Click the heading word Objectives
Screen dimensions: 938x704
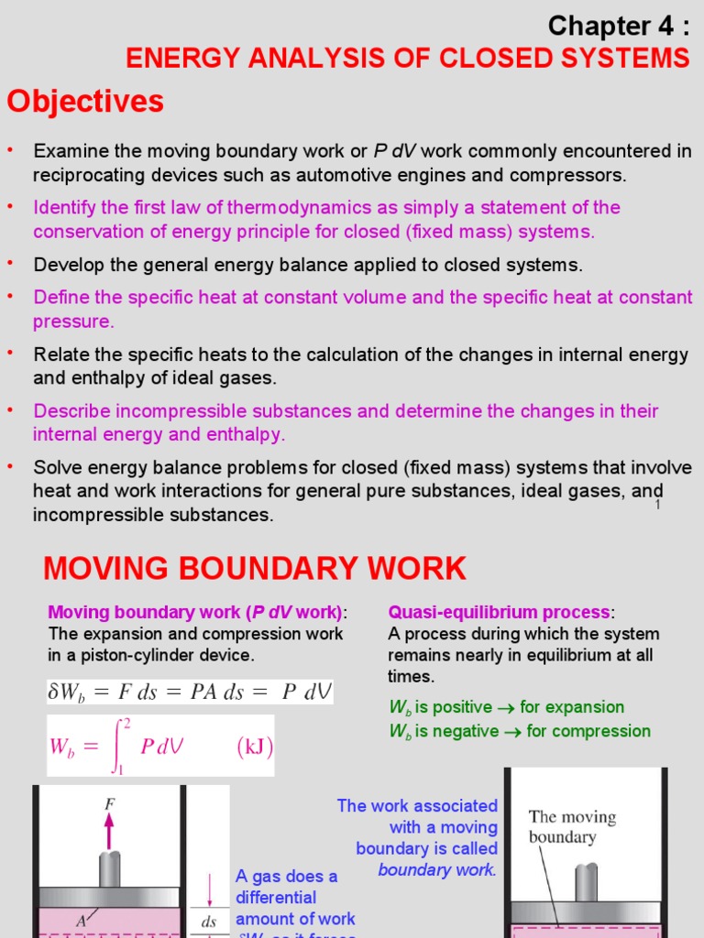click(x=85, y=102)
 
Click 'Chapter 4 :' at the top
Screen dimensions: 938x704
click(x=618, y=25)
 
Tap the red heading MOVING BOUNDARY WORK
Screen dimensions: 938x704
click(x=255, y=569)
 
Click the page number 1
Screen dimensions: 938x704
click(x=658, y=506)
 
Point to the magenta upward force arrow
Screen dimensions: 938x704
click(x=110, y=829)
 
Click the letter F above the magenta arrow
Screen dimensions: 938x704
click(x=110, y=802)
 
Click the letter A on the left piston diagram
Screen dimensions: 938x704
click(x=82, y=922)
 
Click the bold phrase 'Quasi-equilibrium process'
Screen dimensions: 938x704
click(x=499, y=612)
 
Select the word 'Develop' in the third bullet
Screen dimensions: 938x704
click(x=64, y=265)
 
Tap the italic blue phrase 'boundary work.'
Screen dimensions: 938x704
click(x=437, y=869)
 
